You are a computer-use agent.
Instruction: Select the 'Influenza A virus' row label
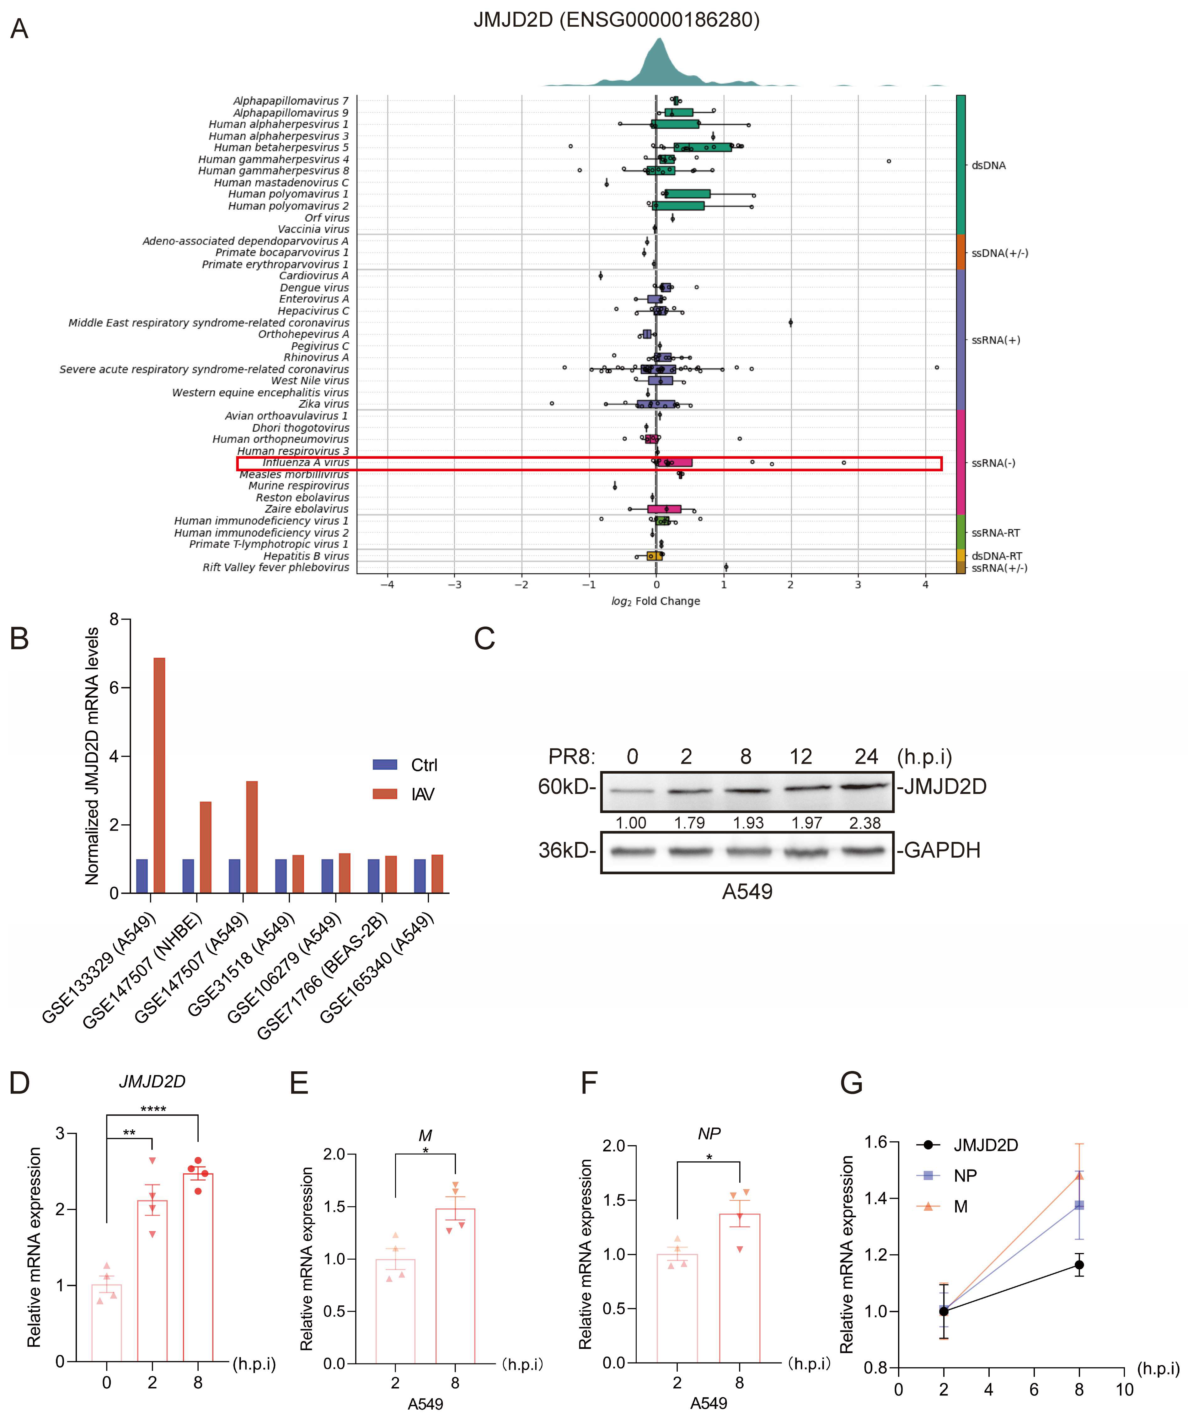pos(305,463)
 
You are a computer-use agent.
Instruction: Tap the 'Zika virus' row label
pos(324,404)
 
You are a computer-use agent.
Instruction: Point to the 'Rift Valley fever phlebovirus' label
pos(276,568)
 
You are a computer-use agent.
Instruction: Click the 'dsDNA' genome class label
pos(989,166)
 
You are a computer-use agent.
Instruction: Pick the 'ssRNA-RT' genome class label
pos(995,533)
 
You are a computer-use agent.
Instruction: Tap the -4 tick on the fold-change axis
pos(387,585)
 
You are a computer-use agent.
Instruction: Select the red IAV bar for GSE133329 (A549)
pos(159,775)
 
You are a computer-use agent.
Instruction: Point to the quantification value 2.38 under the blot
pos(865,823)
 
